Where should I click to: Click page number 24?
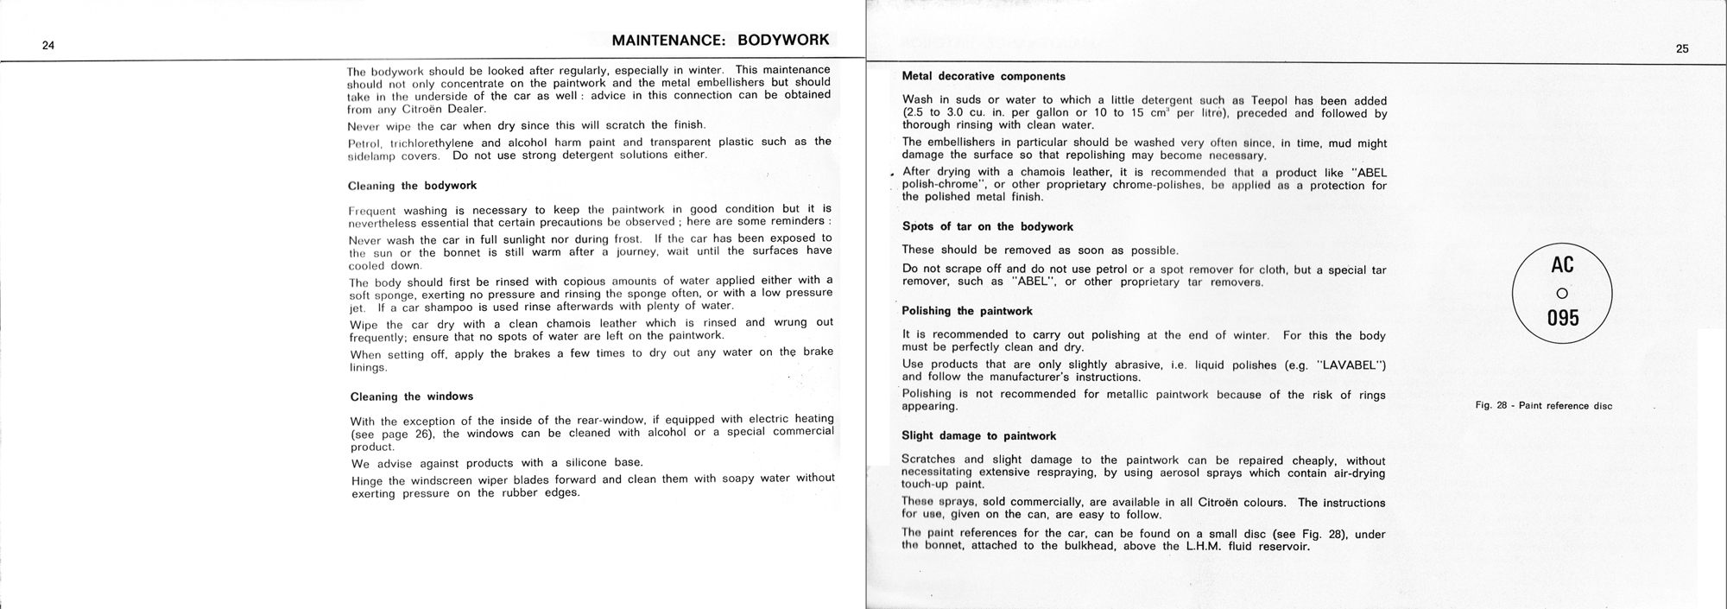tap(48, 46)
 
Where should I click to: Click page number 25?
tap(1682, 49)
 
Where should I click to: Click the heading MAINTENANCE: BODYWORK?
tap(720, 40)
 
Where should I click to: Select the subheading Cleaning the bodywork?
tap(412, 186)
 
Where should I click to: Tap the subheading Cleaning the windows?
tap(411, 396)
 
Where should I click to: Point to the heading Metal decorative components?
tap(984, 76)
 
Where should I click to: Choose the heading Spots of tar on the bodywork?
tap(987, 226)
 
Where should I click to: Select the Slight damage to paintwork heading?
tap(978, 436)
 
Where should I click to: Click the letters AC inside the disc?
tap(1562, 263)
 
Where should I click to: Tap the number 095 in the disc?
tap(1563, 318)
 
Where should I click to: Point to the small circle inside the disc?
tap(1561, 293)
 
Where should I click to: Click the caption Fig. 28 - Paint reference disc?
tap(1543, 406)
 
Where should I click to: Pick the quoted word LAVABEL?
tap(1350, 365)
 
